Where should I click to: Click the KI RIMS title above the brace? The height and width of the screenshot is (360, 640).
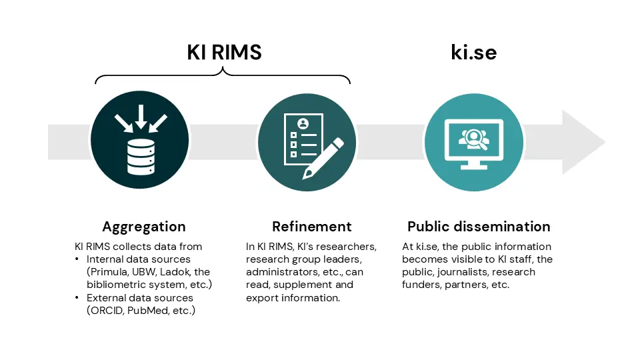click(224, 52)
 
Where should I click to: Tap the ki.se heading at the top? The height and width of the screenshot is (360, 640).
click(473, 52)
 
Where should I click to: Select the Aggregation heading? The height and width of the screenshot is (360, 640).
click(144, 227)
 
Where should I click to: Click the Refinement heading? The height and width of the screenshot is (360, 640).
click(312, 227)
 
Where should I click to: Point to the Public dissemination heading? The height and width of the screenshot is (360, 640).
click(479, 227)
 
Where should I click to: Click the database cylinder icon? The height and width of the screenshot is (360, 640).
click(141, 157)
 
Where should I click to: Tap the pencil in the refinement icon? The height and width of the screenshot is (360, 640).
click(323, 159)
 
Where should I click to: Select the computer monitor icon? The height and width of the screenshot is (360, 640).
click(474, 144)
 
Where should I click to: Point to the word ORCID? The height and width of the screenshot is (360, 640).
click(107, 311)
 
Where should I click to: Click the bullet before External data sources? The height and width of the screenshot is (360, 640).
click(77, 297)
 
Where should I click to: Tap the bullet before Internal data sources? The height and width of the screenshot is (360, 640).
click(77, 259)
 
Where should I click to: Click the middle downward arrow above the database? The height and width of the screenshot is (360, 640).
click(141, 117)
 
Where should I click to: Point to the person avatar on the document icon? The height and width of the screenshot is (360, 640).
click(303, 123)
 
